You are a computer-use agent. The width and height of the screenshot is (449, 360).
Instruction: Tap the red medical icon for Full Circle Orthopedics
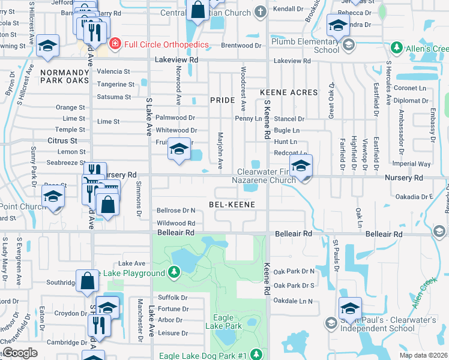pyautogui.click(x=115, y=44)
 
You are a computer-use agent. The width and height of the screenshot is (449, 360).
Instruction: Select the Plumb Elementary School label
pyautogui.click(x=305, y=46)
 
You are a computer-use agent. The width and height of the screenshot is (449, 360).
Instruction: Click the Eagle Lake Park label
pyautogui.click(x=227, y=321)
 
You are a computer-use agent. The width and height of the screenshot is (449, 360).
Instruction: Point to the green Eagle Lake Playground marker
pyautogui.click(x=174, y=273)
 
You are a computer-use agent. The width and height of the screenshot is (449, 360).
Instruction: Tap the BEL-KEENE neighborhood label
pyautogui.click(x=232, y=205)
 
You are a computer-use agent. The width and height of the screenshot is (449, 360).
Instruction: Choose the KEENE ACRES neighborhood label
pyautogui.click(x=288, y=92)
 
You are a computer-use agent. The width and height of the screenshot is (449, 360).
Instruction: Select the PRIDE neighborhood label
pyautogui.click(x=221, y=100)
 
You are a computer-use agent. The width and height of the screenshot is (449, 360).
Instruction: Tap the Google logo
pyautogui.click(x=20, y=353)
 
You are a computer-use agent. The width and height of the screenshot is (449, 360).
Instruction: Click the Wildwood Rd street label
pyautogui.click(x=175, y=223)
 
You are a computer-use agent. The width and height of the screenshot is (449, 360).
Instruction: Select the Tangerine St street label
pyautogui.click(x=113, y=84)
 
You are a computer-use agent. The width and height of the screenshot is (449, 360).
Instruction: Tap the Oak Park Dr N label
pyautogui.click(x=294, y=272)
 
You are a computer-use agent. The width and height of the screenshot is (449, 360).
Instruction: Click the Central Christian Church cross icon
pyautogui.click(x=260, y=11)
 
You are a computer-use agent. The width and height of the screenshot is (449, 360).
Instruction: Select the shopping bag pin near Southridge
pyautogui.click(x=88, y=280)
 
